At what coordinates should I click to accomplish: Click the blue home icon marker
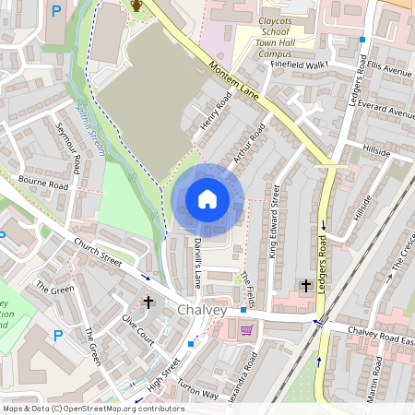207,199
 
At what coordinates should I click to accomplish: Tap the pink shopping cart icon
246,330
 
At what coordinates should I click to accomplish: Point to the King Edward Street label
274,220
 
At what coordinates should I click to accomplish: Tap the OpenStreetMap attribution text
93,408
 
